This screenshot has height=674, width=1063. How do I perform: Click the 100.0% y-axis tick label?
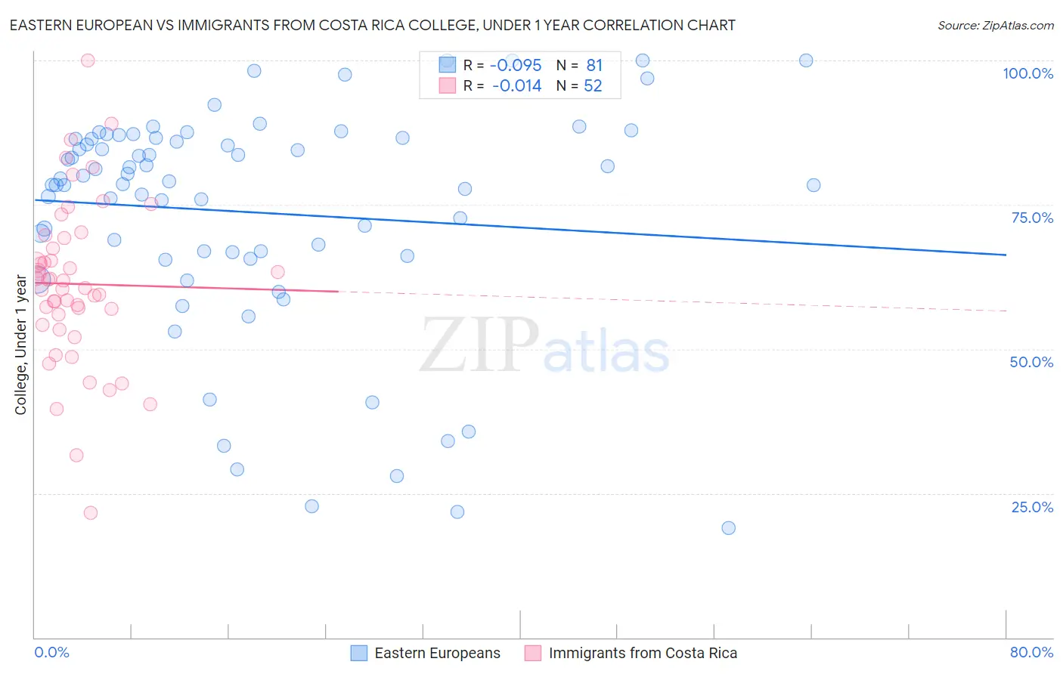coord(1027,73)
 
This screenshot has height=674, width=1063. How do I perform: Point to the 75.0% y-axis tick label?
coord(1032,218)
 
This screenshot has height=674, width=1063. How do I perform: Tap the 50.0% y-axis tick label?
coord(1031,362)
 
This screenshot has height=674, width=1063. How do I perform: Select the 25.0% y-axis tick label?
coord(1032,506)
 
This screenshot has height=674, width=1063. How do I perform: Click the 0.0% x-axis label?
coord(51,652)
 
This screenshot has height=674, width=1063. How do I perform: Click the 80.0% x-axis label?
coord(1031,652)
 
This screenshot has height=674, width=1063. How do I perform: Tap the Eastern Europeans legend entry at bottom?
coord(437,653)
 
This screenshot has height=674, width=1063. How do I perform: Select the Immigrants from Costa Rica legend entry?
coord(642,653)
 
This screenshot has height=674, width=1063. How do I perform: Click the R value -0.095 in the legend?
coord(516,66)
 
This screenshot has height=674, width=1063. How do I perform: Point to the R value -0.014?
coord(516,86)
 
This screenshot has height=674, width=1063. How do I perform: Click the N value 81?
coord(594,66)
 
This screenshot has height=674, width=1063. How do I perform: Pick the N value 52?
coord(593,86)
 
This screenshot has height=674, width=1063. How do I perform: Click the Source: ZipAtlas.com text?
coord(995,26)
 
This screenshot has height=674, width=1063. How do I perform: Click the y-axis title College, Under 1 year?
coord(21,345)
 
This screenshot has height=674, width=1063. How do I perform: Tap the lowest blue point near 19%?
coord(728,528)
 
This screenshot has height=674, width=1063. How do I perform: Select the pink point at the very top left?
coord(88,60)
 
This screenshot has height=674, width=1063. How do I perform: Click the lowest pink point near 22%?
coord(91,513)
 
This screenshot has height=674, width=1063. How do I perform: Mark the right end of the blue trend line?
coord(1006,255)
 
